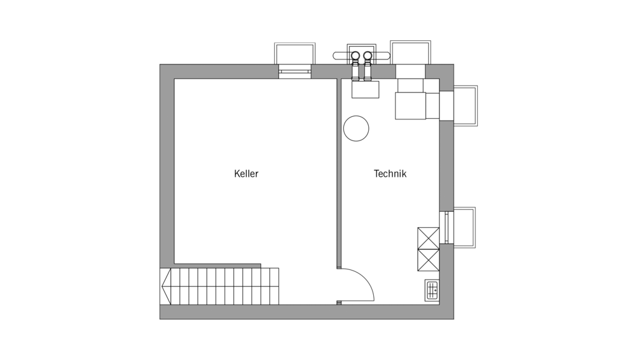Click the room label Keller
coord(246,174)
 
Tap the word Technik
coord(390,174)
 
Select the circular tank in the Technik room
coord(356,128)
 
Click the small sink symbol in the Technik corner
coord(431,290)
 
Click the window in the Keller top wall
coord(295,71)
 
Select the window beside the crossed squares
coord(445,227)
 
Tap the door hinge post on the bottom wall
coord(339,302)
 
